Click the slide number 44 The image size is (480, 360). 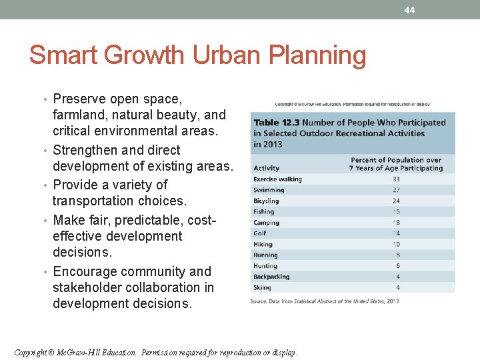(409, 10)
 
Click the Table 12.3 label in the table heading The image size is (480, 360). (275, 123)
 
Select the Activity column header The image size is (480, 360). (267, 168)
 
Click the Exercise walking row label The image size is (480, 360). (277, 179)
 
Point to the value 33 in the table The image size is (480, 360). (396, 179)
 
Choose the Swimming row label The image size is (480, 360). (269, 190)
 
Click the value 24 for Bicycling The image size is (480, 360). (396, 201)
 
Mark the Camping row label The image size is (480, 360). (266, 223)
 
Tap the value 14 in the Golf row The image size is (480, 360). (396, 233)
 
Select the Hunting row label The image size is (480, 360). (265, 266)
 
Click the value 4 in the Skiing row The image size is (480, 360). (398, 287)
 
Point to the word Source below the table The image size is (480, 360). (259, 301)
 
